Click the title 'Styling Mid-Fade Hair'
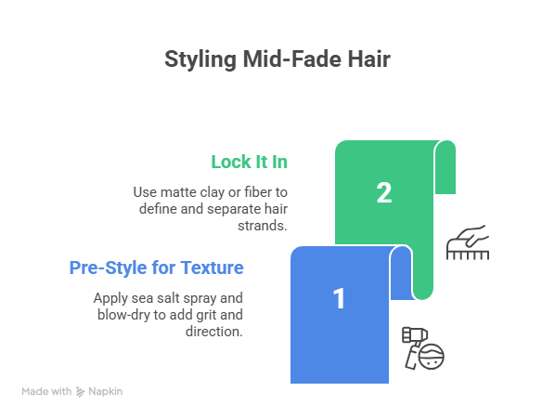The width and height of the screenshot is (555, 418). pyautogui.click(x=277, y=59)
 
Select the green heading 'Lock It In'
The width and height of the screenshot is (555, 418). pyautogui.click(x=250, y=162)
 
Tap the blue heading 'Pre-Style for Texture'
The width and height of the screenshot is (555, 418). pyautogui.click(x=157, y=268)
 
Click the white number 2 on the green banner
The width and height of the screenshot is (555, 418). pyautogui.click(x=384, y=193)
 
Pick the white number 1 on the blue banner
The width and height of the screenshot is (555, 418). pyautogui.click(x=339, y=298)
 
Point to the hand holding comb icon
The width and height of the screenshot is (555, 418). pyautogui.click(x=468, y=242)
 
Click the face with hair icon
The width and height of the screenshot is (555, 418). pyautogui.click(x=432, y=357)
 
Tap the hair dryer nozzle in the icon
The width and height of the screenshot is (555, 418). pyautogui.click(x=415, y=334)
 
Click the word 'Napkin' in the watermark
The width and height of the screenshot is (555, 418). pyautogui.click(x=106, y=391)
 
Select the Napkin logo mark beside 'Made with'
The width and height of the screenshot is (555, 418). pyautogui.click(x=81, y=392)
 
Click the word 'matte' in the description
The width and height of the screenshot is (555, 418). pyautogui.click(x=178, y=192)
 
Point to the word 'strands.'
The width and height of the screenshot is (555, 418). pyautogui.click(x=263, y=226)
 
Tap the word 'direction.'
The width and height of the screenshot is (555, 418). pyautogui.click(x=214, y=332)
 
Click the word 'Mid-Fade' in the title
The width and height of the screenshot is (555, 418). pyautogui.click(x=292, y=59)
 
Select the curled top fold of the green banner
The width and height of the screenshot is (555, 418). pyautogui.click(x=445, y=167)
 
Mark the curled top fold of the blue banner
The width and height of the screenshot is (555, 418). pyautogui.click(x=401, y=272)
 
